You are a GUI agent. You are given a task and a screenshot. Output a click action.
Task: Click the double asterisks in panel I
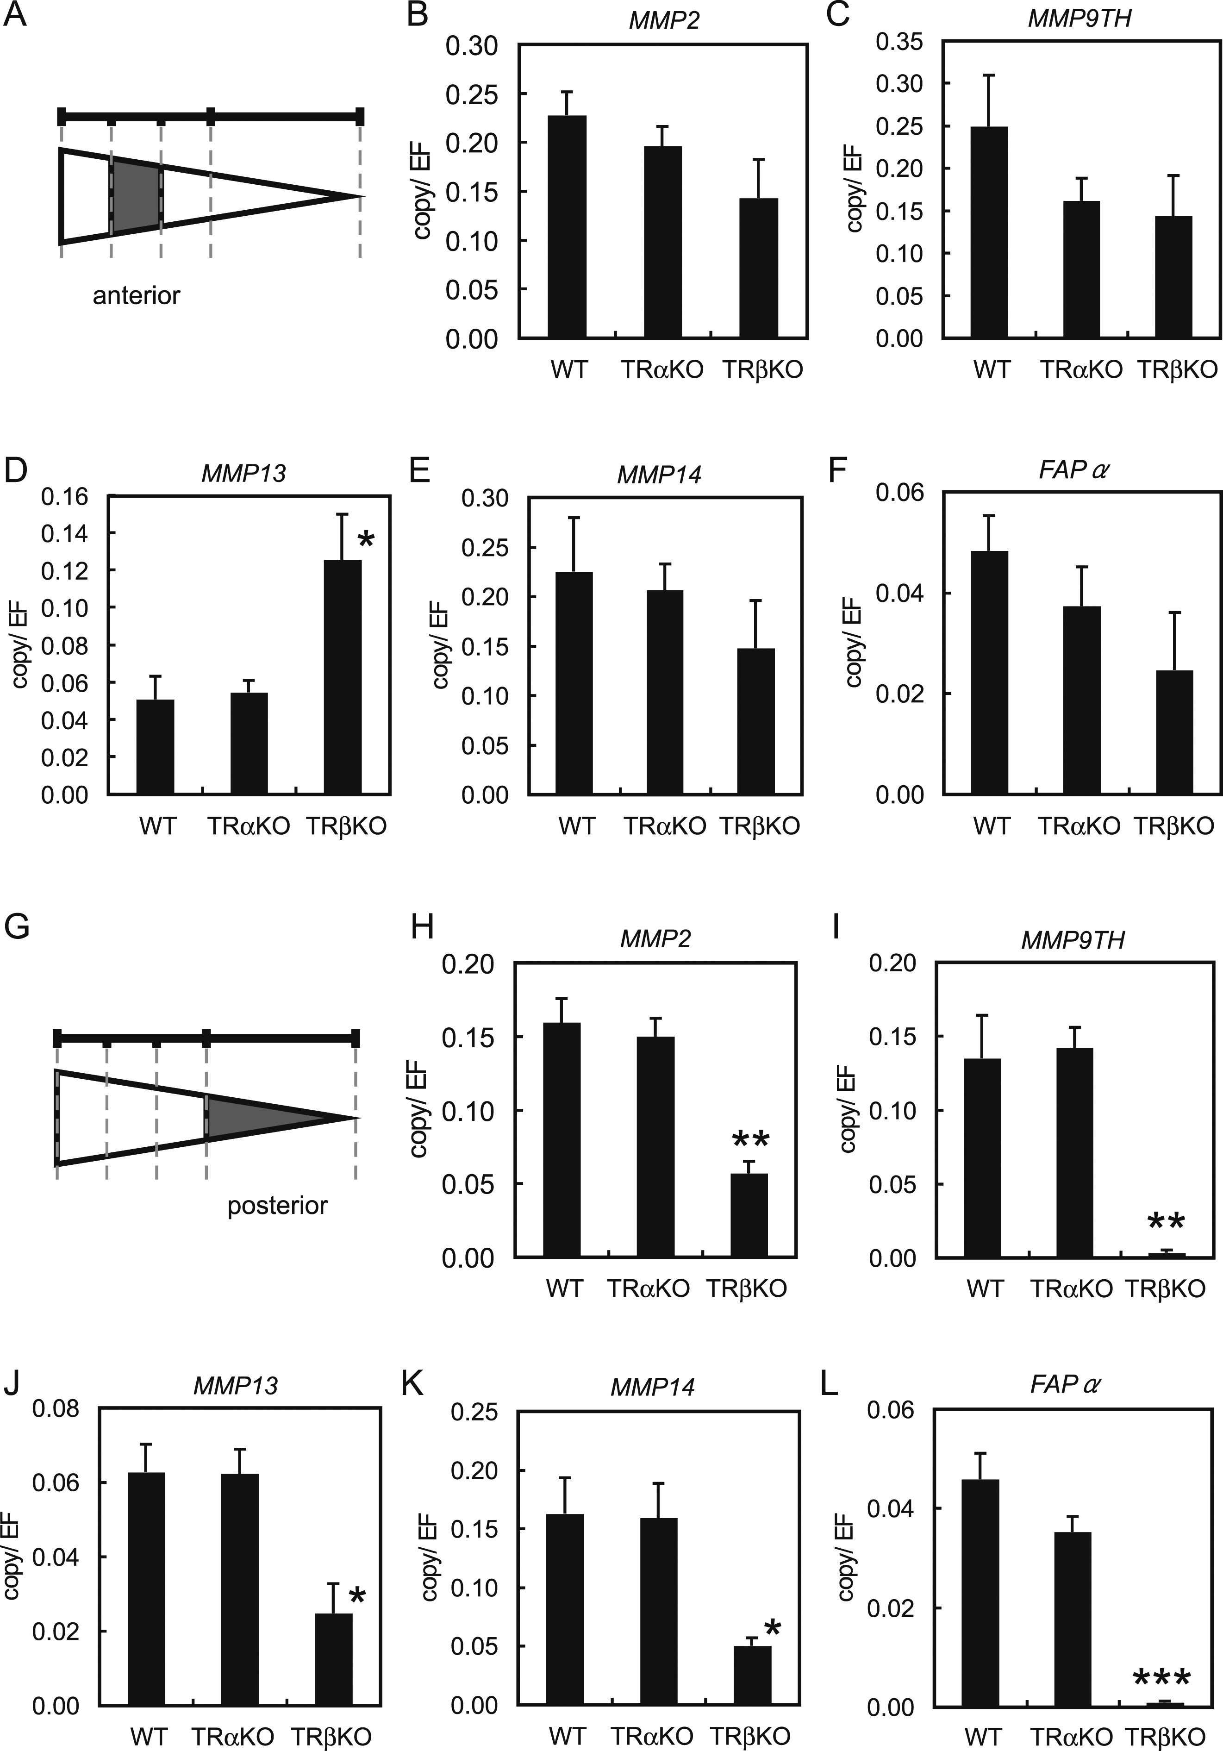pyautogui.click(x=1166, y=1222)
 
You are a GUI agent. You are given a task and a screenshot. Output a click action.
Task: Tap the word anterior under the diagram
pyautogui.click(x=137, y=295)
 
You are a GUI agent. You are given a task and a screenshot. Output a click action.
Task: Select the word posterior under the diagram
pyautogui.click(x=278, y=1206)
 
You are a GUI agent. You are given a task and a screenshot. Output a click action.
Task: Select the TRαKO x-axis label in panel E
pyautogui.click(x=665, y=826)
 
